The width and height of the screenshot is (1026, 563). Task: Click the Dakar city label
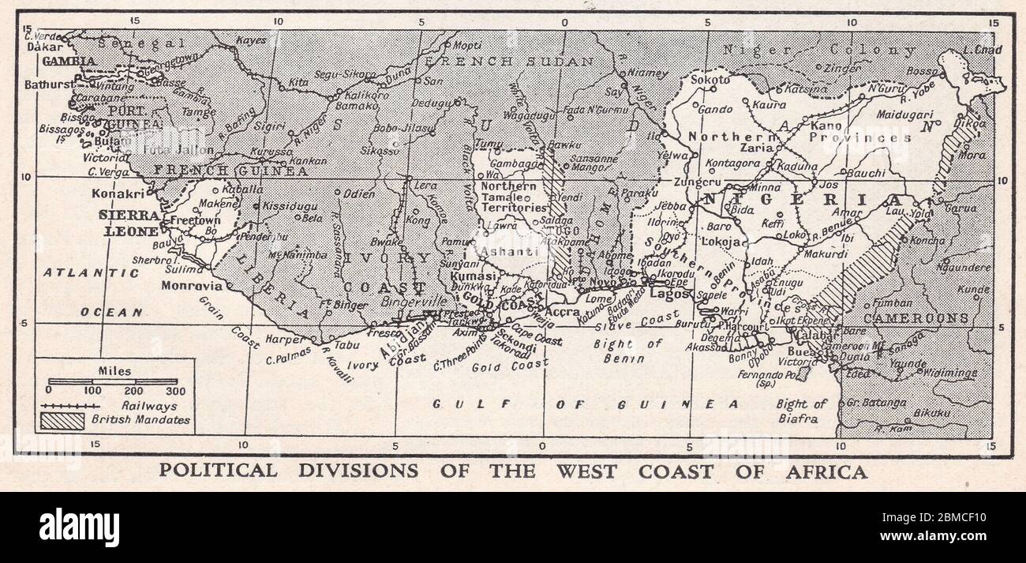pos(44,47)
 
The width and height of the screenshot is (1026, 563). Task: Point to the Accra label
pos(563,311)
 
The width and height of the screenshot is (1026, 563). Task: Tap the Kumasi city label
pos(474,277)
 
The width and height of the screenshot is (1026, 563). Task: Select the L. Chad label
pos(982,50)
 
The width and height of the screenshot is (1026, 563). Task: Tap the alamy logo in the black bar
pos(79,527)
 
